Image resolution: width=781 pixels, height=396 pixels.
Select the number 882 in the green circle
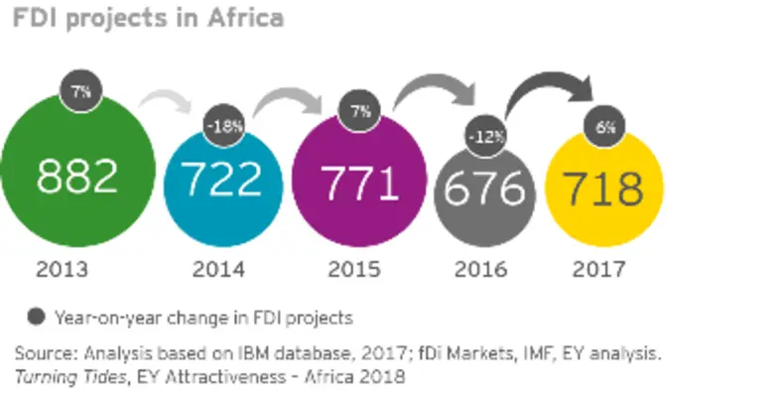click(x=77, y=177)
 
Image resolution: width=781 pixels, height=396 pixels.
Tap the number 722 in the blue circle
click(x=221, y=180)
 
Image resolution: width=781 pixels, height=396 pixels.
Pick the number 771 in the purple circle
click(x=358, y=185)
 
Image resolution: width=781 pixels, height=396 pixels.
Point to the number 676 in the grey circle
click(x=483, y=186)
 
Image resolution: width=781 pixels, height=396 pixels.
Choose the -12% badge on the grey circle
click(x=485, y=135)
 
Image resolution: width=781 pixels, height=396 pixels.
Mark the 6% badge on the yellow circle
click(x=605, y=127)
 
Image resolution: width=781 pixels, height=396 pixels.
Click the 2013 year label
click(x=63, y=269)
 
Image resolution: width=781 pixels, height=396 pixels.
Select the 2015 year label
click(x=355, y=269)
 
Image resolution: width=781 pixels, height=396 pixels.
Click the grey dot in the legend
click(x=37, y=318)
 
